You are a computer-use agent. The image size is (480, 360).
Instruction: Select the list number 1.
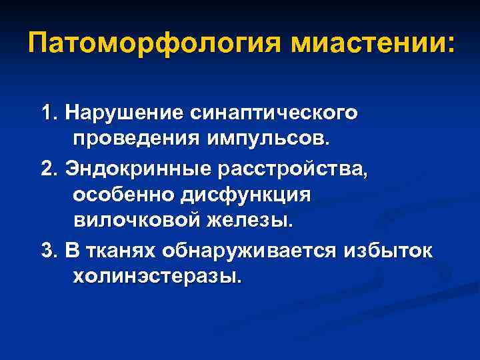pyautogui.click(x=45, y=113)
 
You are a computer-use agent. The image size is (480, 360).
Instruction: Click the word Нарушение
pyautogui.click(x=117, y=113)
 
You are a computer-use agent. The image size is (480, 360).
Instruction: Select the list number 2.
pyautogui.click(x=46, y=169)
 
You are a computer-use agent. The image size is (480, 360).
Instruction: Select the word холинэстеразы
pyautogui.click(x=156, y=276)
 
